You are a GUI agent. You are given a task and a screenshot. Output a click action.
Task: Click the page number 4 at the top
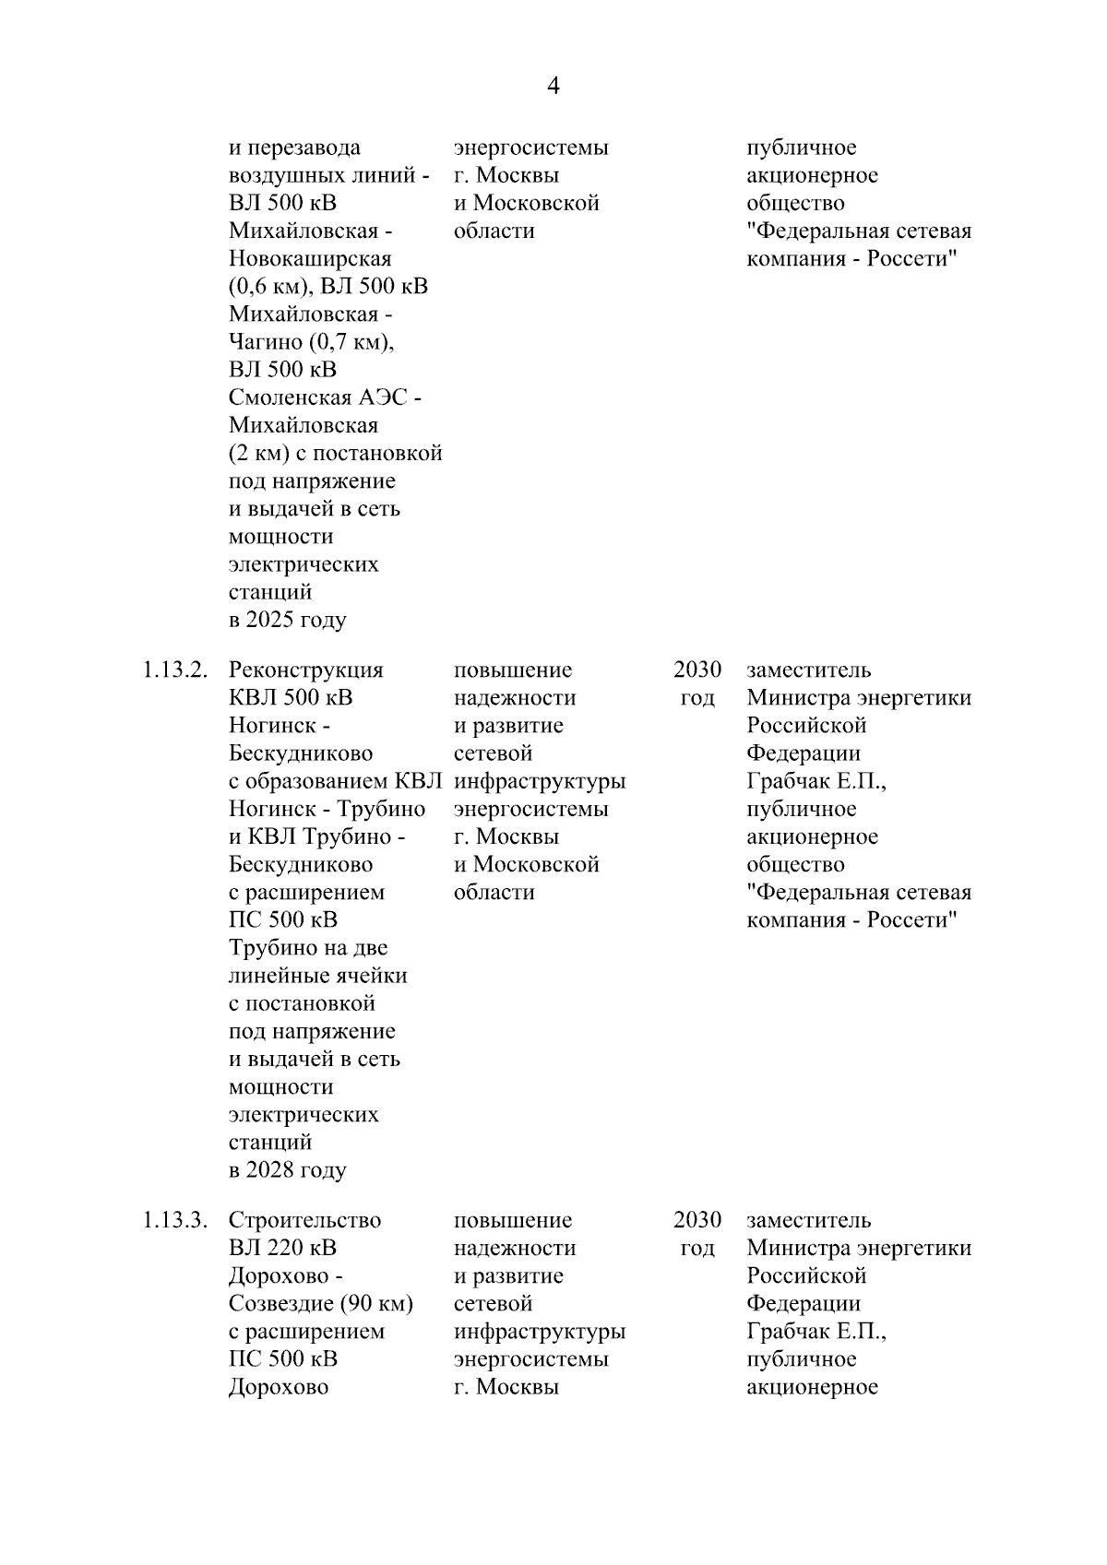(x=553, y=87)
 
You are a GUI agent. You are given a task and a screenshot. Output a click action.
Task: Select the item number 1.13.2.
(x=173, y=670)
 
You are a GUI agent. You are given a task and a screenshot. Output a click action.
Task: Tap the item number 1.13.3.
(x=173, y=1220)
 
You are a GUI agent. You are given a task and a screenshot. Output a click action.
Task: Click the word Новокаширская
(x=310, y=259)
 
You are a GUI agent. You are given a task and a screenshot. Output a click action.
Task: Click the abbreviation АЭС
(x=381, y=397)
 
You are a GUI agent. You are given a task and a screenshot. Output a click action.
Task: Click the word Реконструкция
(x=305, y=670)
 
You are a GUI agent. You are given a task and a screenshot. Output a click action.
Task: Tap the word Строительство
(x=304, y=1220)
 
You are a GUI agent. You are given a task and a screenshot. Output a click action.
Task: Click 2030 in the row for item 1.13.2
(x=697, y=670)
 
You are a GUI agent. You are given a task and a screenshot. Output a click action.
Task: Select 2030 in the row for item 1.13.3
(x=697, y=1220)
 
